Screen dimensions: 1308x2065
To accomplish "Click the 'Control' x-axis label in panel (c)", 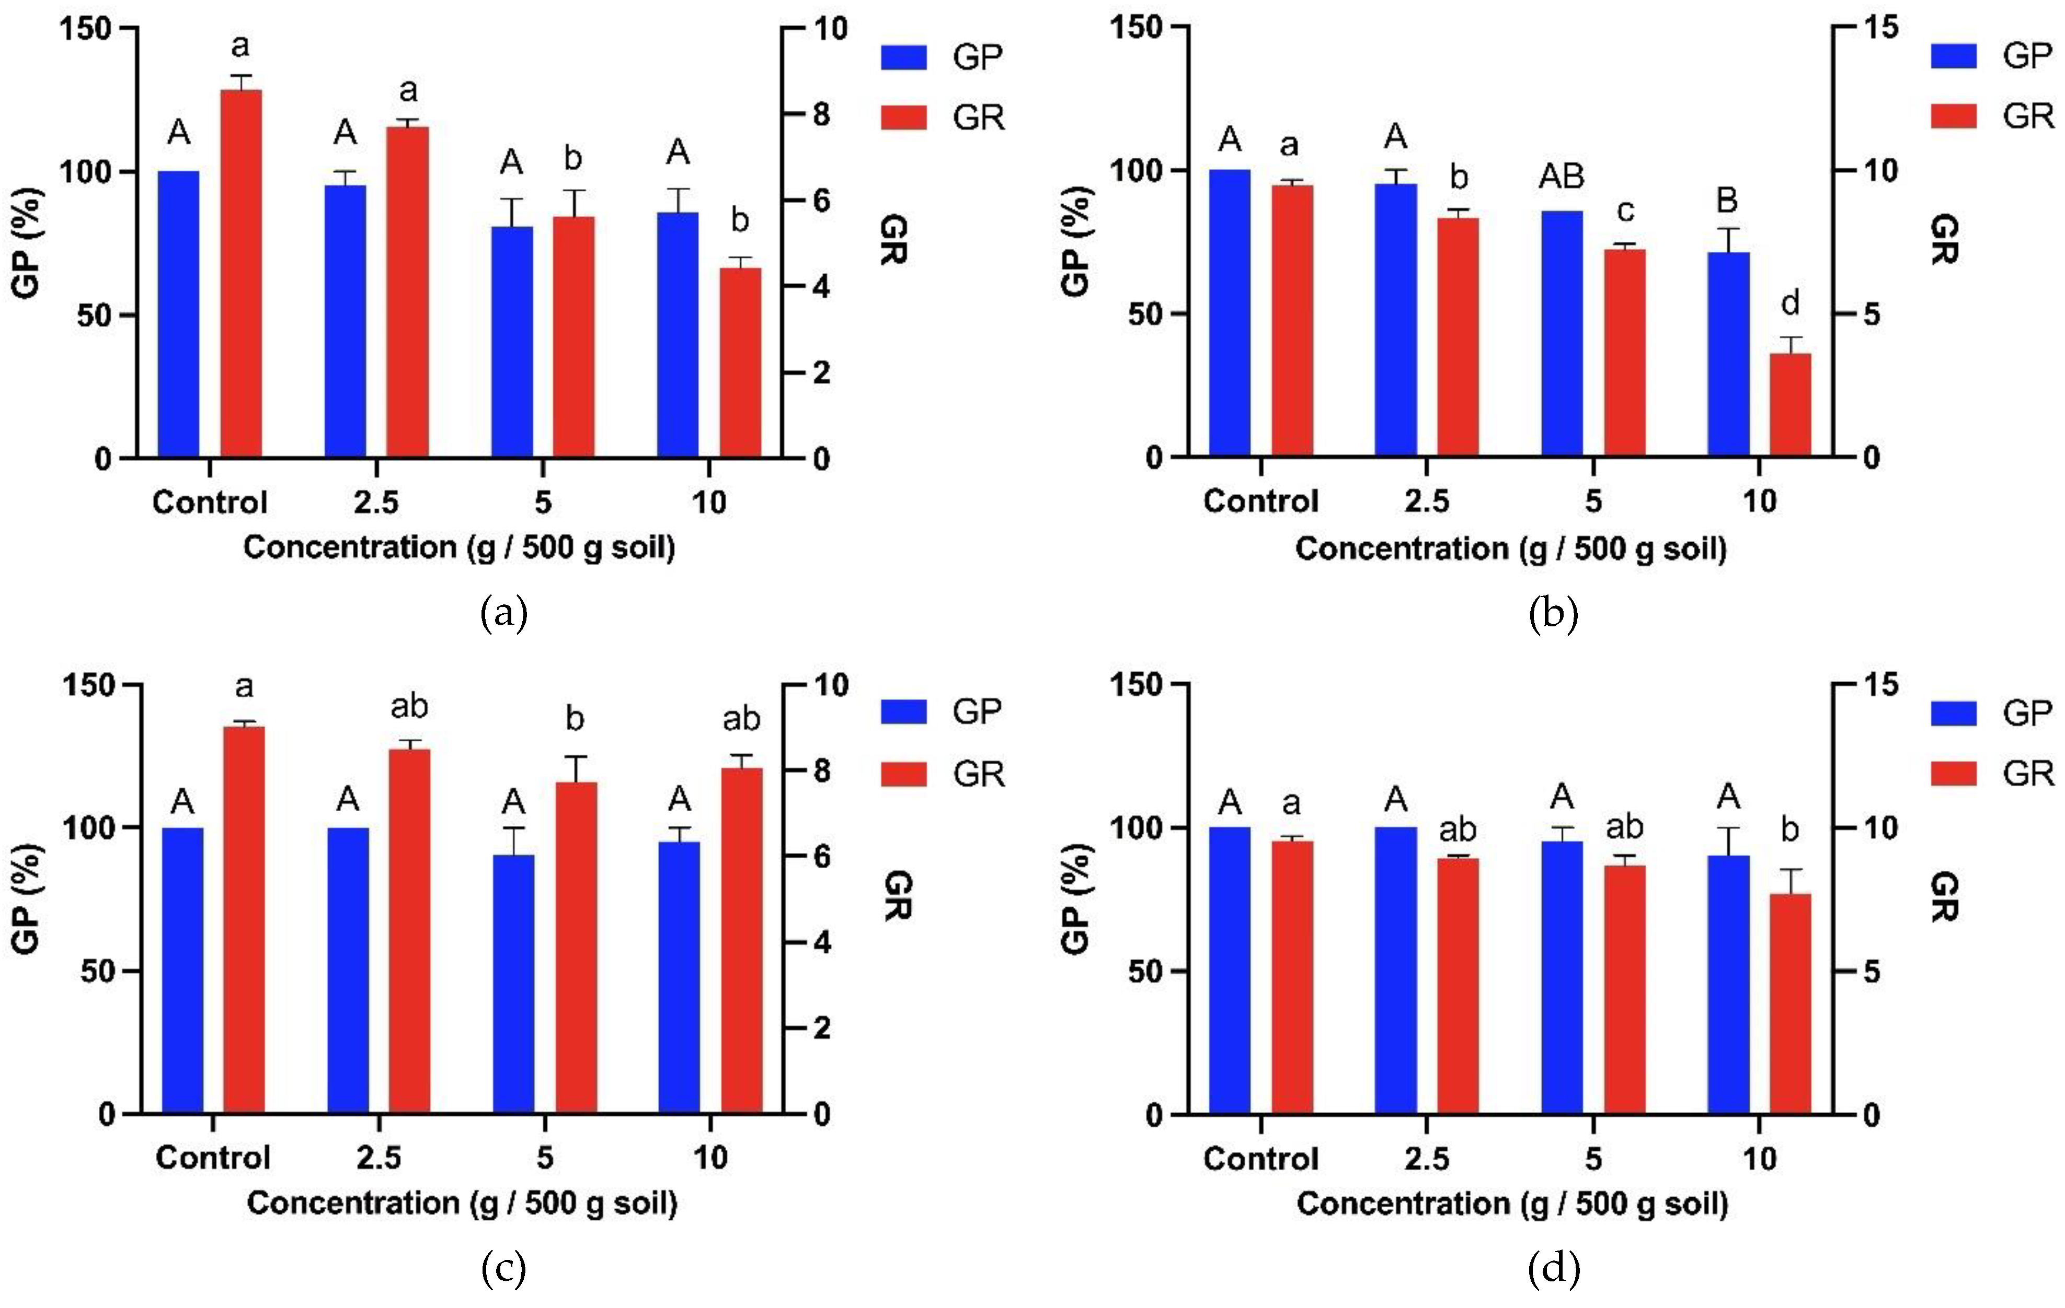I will click(213, 1158).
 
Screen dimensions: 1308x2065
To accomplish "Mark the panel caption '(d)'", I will click(1553, 1269).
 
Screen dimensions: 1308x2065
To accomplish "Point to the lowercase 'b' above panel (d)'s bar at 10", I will click(1789, 830).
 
